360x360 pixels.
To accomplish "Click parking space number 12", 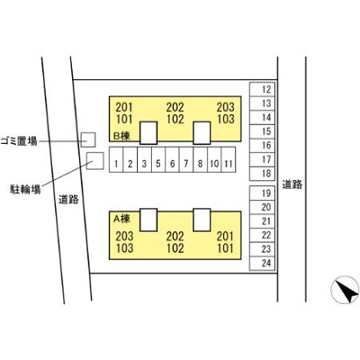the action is [x=262, y=89].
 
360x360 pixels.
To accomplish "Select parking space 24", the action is [x=262, y=264].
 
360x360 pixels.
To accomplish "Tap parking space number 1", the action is [x=116, y=159].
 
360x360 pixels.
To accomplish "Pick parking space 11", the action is [x=229, y=159].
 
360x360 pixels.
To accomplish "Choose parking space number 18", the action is [x=262, y=174].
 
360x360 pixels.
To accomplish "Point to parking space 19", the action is [x=262, y=193].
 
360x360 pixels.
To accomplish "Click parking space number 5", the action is [x=158, y=159].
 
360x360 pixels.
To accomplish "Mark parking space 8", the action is [x=201, y=159].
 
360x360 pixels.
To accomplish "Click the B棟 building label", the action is [x=121, y=136].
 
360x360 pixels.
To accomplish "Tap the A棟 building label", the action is [x=121, y=220].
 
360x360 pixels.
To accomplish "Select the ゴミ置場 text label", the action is [x=19, y=140].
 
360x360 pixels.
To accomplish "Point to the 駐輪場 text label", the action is [x=25, y=189].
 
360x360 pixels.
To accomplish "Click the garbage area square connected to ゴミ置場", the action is [x=88, y=139].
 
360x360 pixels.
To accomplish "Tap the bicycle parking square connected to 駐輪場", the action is [x=95, y=161].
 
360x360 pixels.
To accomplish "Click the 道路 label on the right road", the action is [x=292, y=184].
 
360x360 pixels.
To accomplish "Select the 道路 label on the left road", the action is [x=68, y=199].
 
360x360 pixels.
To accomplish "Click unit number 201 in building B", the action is [x=124, y=107].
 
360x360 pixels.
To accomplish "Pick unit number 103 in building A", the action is [x=124, y=248].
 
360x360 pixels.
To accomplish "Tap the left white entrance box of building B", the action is [x=148, y=133].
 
